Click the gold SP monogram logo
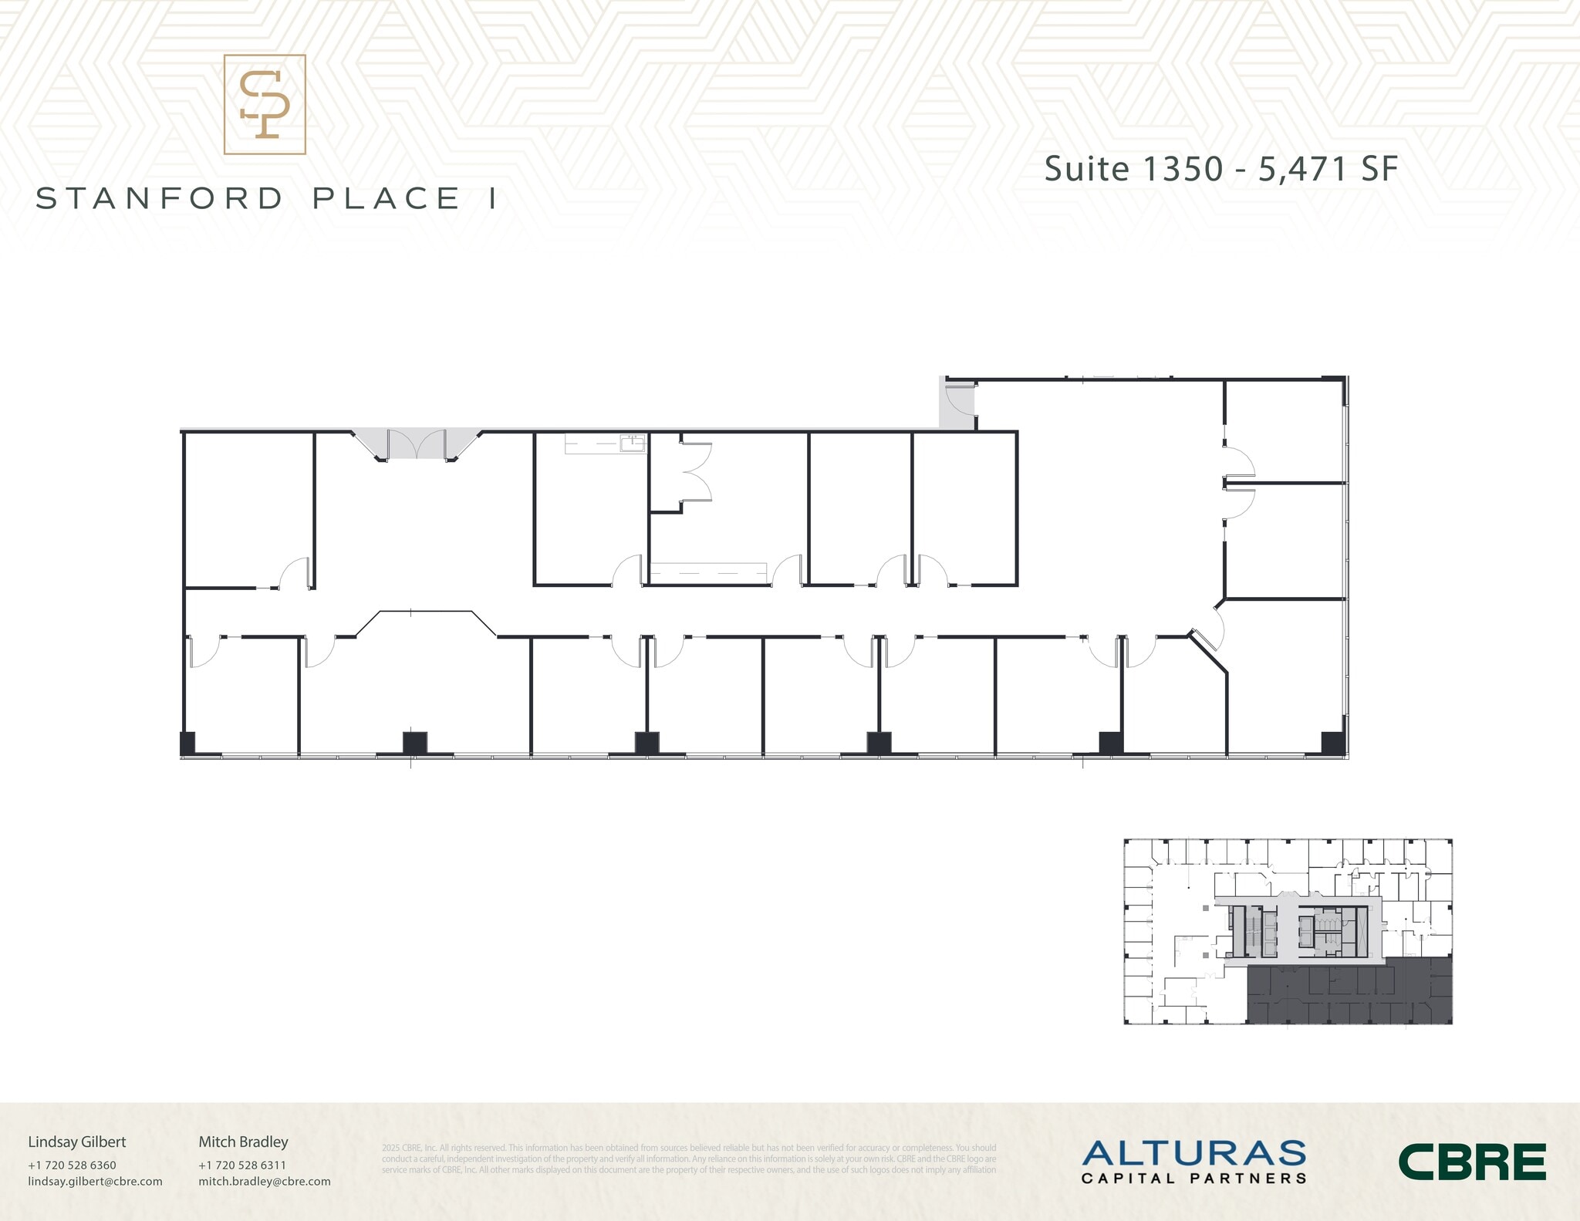pyautogui.click(x=265, y=105)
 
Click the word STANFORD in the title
pyautogui.click(x=160, y=199)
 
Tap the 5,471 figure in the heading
pyautogui.click(x=1303, y=170)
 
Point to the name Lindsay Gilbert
pyautogui.click(x=77, y=1142)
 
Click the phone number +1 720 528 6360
pyautogui.click(x=72, y=1165)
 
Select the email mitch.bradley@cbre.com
pyautogui.click(x=265, y=1181)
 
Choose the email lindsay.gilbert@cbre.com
pyautogui.click(x=95, y=1181)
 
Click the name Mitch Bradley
pyautogui.click(x=243, y=1142)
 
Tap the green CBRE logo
pyautogui.click(x=1472, y=1162)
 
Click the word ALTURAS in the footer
pyautogui.click(x=1193, y=1154)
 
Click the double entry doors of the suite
pyautogui.click(x=417, y=444)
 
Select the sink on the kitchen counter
pyautogui.click(x=633, y=442)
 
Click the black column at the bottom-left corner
pyautogui.click(x=187, y=743)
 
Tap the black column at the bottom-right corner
pyautogui.click(x=1332, y=742)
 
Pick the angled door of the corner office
pyautogui.click(x=1201, y=638)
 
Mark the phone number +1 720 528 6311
pyautogui.click(x=242, y=1165)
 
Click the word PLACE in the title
pyautogui.click(x=387, y=199)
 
